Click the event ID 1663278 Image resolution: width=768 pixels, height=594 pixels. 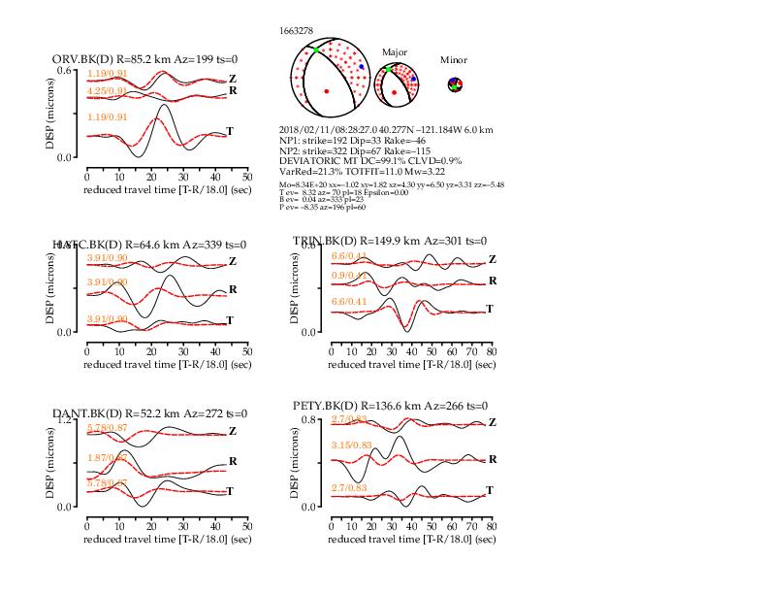(296, 31)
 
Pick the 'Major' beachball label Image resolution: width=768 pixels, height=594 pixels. (395, 51)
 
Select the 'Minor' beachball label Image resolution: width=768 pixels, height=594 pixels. (454, 60)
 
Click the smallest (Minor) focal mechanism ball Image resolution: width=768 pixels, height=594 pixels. (456, 85)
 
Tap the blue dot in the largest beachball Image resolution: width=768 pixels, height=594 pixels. (362, 66)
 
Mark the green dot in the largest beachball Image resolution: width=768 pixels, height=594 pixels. (316, 49)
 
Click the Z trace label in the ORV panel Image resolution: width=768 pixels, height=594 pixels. (232, 79)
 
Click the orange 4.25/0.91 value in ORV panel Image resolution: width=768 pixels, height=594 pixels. (108, 91)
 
